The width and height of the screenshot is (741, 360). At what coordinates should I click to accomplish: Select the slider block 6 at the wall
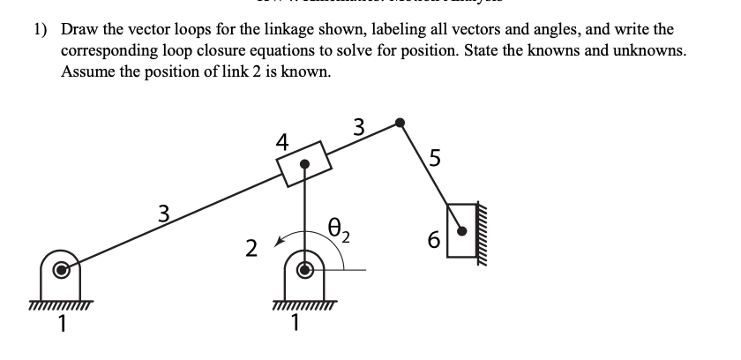(x=461, y=230)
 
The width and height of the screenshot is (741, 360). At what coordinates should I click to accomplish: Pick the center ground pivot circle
(x=305, y=270)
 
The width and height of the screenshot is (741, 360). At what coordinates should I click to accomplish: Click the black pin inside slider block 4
(x=305, y=164)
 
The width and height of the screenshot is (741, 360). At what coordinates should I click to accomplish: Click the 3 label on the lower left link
(x=162, y=212)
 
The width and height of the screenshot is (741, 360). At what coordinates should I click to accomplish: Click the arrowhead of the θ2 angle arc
(x=280, y=239)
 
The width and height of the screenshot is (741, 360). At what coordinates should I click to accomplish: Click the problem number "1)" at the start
(x=40, y=29)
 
